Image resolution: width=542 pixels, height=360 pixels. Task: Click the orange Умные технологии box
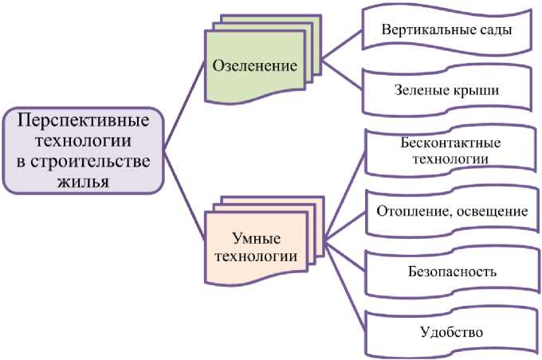[255, 246]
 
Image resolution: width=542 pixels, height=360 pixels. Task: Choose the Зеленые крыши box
[446, 90]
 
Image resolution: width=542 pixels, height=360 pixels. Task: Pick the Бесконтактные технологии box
[446, 151]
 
